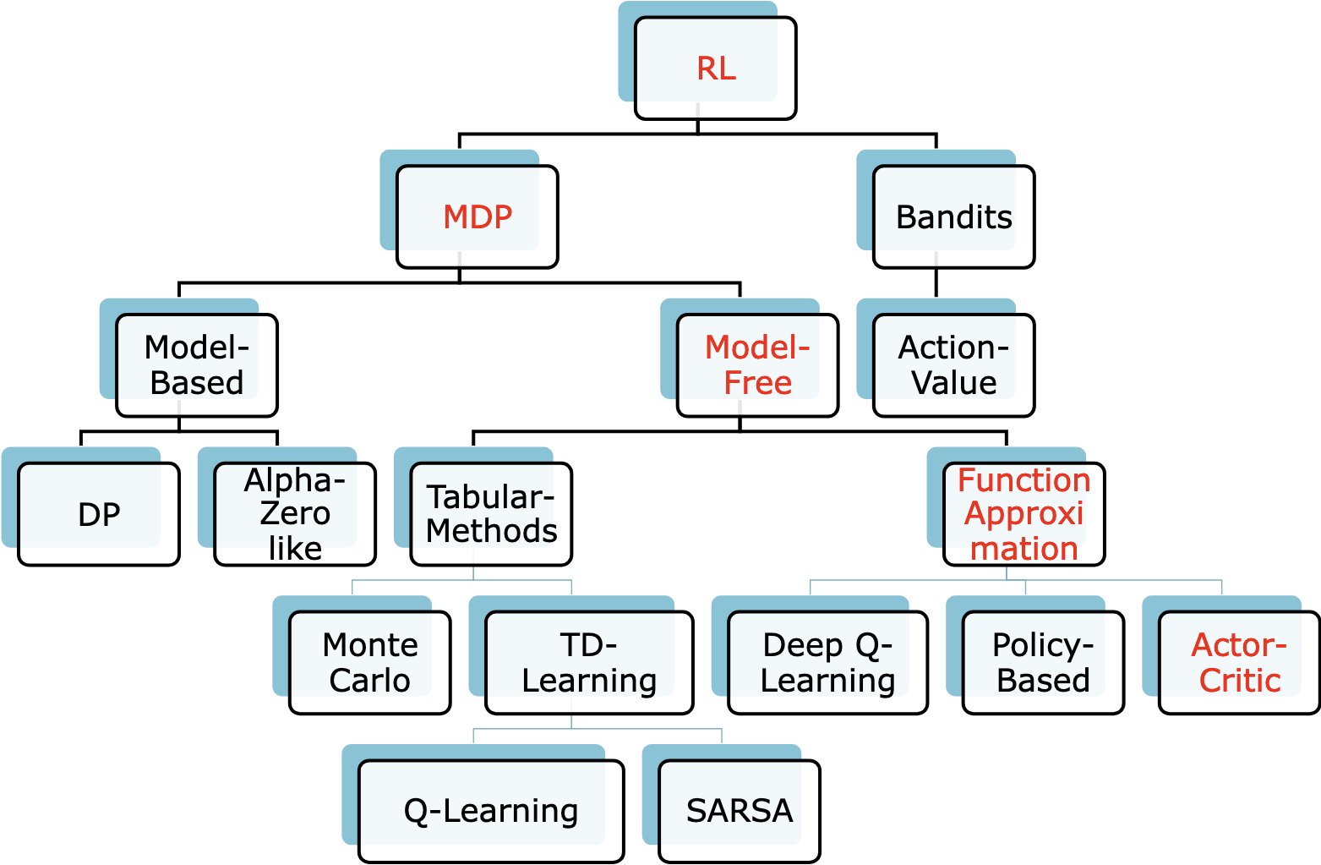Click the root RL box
pyautogui.click(x=715, y=68)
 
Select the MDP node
pyautogui.click(x=478, y=217)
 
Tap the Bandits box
pyautogui.click(x=953, y=217)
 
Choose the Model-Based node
pyautogui.click(x=197, y=365)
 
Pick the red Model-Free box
pyautogui.click(x=757, y=365)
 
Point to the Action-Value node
pyautogui.click(x=953, y=365)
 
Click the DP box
pyautogui.click(x=99, y=514)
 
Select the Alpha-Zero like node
pyautogui.click(x=295, y=514)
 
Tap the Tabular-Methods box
pyautogui.click(x=491, y=514)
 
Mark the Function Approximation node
pyautogui.click(x=1024, y=514)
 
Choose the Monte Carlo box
pyautogui.click(x=370, y=663)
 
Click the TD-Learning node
pyautogui.click(x=589, y=663)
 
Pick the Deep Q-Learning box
pyautogui.click(x=827, y=663)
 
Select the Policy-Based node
pyautogui.click(x=1043, y=663)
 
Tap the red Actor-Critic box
pyautogui.click(x=1239, y=663)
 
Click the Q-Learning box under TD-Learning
pyautogui.click(x=491, y=811)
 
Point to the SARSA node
pyautogui.click(x=740, y=811)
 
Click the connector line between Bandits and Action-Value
pyautogui.click(x=936, y=283)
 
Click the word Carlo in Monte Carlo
pyautogui.click(x=370, y=681)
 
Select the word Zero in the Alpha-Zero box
pyautogui.click(x=295, y=513)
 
